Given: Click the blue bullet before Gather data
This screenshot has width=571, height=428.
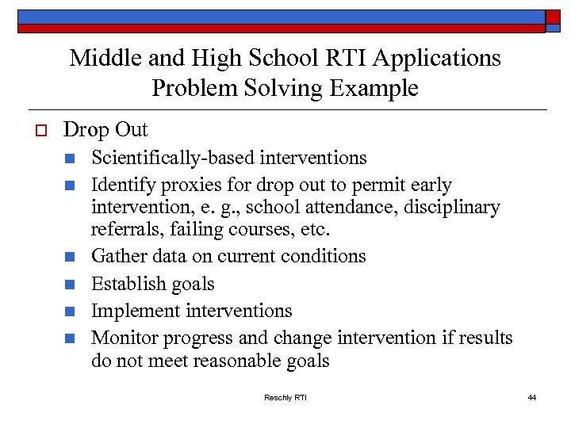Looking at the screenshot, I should (70, 257).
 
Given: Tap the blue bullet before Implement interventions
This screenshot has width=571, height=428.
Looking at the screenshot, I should (70, 311).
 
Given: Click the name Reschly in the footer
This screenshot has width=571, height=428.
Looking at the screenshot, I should (278, 397).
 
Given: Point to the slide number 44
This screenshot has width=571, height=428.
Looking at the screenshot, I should (531, 397).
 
